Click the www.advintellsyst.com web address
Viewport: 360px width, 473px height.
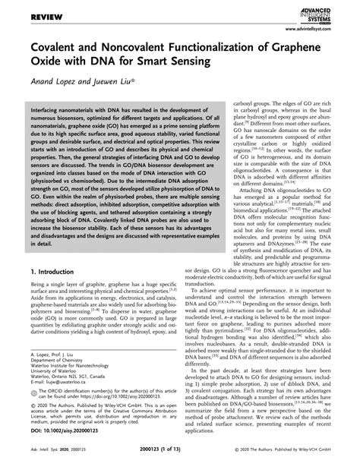click(x=320, y=29)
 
